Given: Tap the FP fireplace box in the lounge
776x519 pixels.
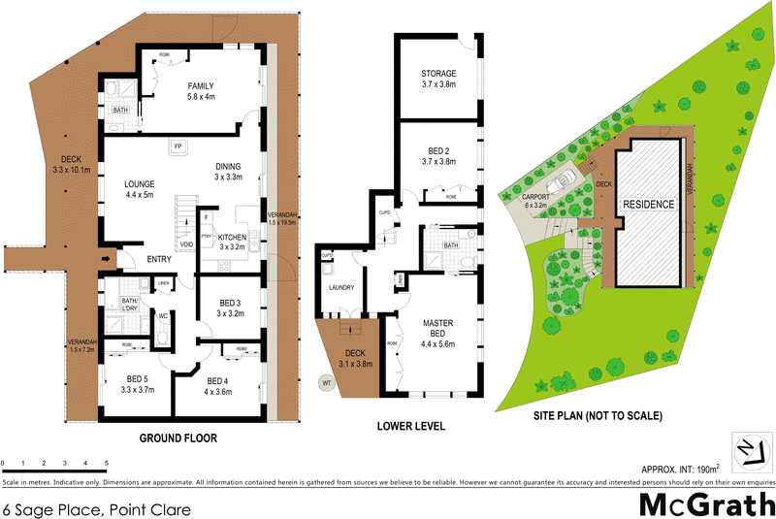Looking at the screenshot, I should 178,146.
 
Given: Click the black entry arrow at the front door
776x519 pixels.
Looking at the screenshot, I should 106,259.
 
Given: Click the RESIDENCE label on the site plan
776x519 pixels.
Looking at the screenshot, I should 648,206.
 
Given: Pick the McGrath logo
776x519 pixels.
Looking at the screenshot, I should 705,505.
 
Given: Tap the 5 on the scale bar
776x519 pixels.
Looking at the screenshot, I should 107,465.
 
